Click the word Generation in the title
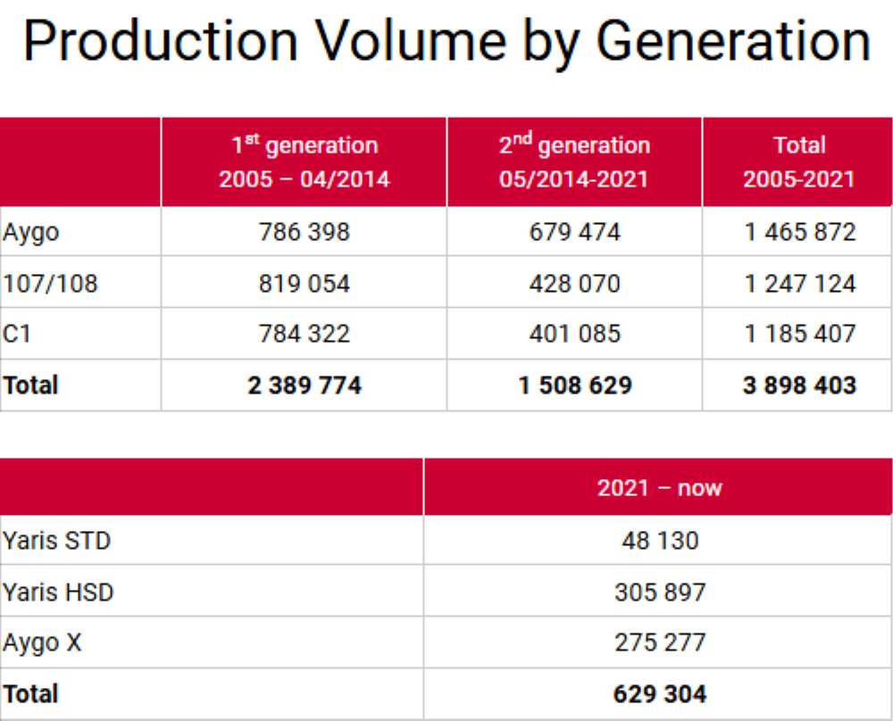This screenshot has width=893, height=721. click(x=732, y=41)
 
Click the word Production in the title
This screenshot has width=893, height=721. click(x=160, y=41)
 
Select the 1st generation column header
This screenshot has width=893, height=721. click(x=305, y=162)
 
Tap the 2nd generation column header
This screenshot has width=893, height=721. click(x=574, y=162)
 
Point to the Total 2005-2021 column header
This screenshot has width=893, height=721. click(x=798, y=162)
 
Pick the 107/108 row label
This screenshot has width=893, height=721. click(x=50, y=284)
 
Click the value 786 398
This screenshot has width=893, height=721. click(x=305, y=233)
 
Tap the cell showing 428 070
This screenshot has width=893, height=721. click(x=574, y=284)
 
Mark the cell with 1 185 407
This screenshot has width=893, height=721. click(x=799, y=334)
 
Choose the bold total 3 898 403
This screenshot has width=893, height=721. click(x=799, y=385)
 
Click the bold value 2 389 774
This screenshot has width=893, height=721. click(x=305, y=385)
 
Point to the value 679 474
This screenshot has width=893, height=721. click(x=574, y=233)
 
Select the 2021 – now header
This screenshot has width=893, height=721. click(x=659, y=488)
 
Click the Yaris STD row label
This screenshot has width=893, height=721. click(x=57, y=541)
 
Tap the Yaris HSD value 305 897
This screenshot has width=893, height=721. click(x=660, y=592)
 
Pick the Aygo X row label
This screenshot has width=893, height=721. click(x=42, y=642)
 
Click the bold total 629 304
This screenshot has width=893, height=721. click(x=660, y=693)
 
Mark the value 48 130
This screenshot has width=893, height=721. click(x=660, y=541)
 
